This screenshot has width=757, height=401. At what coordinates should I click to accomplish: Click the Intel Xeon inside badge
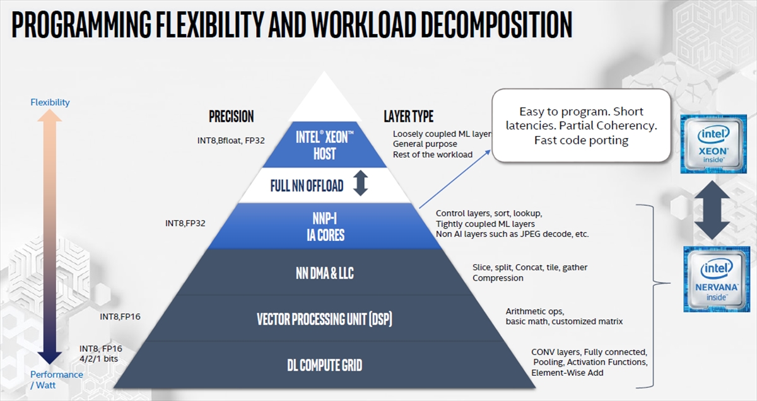click(x=713, y=144)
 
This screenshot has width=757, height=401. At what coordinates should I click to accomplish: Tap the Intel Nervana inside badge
click(x=717, y=279)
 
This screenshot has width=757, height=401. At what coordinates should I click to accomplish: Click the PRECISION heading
click(x=231, y=117)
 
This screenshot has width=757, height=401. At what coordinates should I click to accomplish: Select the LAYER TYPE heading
click(x=409, y=117)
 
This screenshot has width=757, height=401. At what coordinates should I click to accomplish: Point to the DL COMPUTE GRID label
click(x=325, y=365)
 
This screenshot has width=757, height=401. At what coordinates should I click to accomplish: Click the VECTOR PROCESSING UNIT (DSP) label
click(x=324, y=319)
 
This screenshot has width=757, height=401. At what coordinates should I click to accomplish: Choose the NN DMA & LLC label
click(x=325, y=273)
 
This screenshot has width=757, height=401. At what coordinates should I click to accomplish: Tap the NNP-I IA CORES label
click(x=325, y=227)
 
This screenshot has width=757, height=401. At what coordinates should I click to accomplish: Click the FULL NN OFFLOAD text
click(x=307, y=186)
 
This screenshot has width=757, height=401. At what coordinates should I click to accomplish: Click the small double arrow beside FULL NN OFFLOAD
click(x=361, y=183)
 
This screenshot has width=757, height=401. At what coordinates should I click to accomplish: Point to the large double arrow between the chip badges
click(x=712, y=210)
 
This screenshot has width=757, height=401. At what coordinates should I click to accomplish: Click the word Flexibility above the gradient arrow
click(x=50, y=102)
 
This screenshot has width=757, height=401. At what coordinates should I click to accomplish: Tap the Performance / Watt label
click(x=56, y=380)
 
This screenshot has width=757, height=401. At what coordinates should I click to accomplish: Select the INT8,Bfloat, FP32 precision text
click(x=231, y=141)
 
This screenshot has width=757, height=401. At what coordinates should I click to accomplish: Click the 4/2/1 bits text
click(x=98, y=359)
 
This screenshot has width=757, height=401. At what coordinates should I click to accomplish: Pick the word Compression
click(x=498, y=278)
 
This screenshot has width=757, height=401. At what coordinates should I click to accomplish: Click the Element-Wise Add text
click(x=567, y=373)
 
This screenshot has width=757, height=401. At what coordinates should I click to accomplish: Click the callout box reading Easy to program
click(x=581, y=125)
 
